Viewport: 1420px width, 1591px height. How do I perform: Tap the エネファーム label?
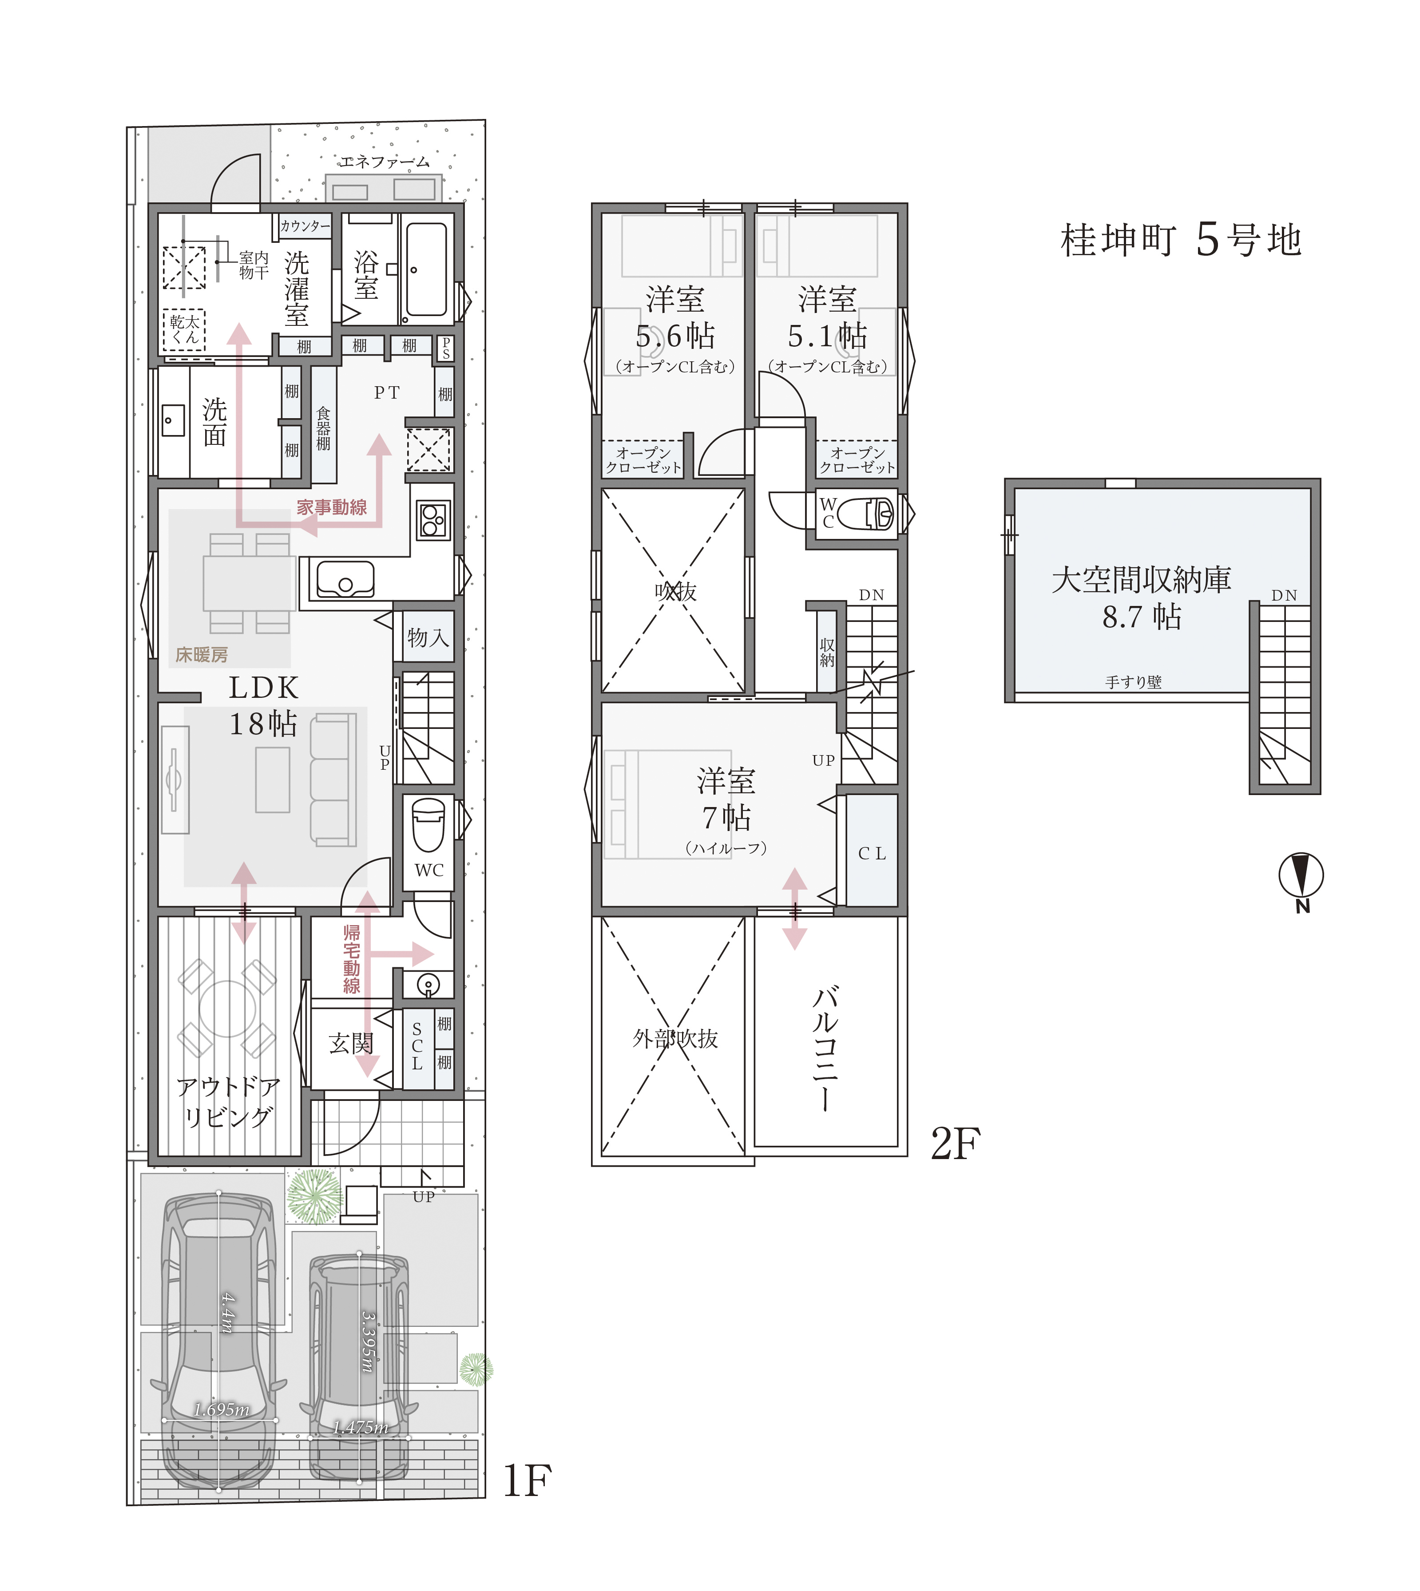[384, 162]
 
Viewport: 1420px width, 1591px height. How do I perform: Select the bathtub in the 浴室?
[426, 269]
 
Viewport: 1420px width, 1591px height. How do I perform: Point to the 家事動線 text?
[332, 508]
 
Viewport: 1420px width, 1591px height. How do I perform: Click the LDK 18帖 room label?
[264, 706]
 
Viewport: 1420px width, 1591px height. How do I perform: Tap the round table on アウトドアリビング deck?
[227, 1009]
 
